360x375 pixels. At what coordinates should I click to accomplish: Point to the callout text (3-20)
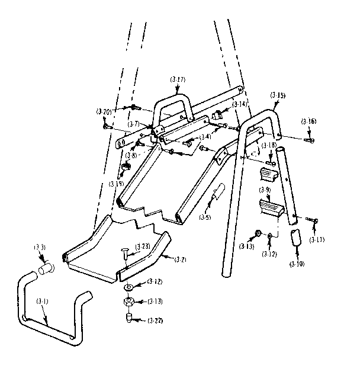click(103, 111)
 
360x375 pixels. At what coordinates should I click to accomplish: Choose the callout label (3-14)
click(239, 104)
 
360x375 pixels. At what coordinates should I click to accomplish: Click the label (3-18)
click(269, 145)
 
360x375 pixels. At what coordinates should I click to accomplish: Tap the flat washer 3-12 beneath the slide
click(128, 287)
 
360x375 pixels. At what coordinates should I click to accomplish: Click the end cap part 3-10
click(295, 238)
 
